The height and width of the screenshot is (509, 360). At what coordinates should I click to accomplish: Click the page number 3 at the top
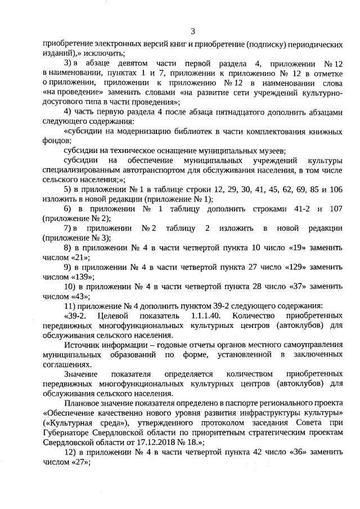(x=192, y=31)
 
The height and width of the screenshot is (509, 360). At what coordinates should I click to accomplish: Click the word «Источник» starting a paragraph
(x=82, y=345)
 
